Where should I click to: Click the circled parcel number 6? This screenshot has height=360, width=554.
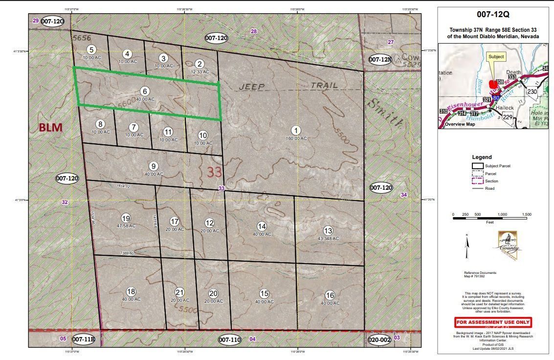tap(144, 91)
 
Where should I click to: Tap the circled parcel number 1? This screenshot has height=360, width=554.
tap(296, 130)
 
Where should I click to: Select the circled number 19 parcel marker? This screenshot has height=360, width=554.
tap(126, 218)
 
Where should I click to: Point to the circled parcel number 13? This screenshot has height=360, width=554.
tap(328, 230)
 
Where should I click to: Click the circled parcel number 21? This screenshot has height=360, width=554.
tap(180, 292)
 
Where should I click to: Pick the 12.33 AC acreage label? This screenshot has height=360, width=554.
tap(199, 71)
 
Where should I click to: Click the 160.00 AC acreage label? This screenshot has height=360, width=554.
tap(296, 138)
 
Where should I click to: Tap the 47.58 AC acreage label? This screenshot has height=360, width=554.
tap(126, 226)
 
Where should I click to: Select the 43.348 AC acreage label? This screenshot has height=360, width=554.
tap(328, 238)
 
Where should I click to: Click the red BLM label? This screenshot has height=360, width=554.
tap(51, 128)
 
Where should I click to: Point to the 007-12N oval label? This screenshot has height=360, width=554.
tap(380, 60)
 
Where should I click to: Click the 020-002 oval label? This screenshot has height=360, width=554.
tap(379, 338)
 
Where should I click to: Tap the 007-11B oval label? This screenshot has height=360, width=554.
tap(83, 338)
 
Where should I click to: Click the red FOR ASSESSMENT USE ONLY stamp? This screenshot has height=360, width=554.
tap(493, 322)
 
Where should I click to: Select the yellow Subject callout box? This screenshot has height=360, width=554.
tap(496, 57)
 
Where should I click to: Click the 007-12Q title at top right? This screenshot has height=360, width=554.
tap(493, 15)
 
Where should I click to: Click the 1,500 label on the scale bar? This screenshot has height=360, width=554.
tap(526, 215)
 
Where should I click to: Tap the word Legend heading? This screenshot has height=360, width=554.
tap(482, 157)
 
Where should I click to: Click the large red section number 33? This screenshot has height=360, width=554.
tap(214, 172)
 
